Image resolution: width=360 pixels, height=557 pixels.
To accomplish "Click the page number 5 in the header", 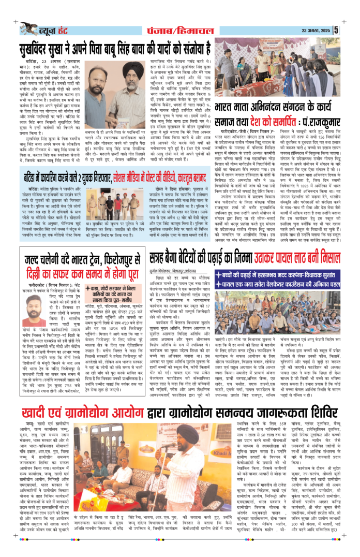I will click(350, 29).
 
